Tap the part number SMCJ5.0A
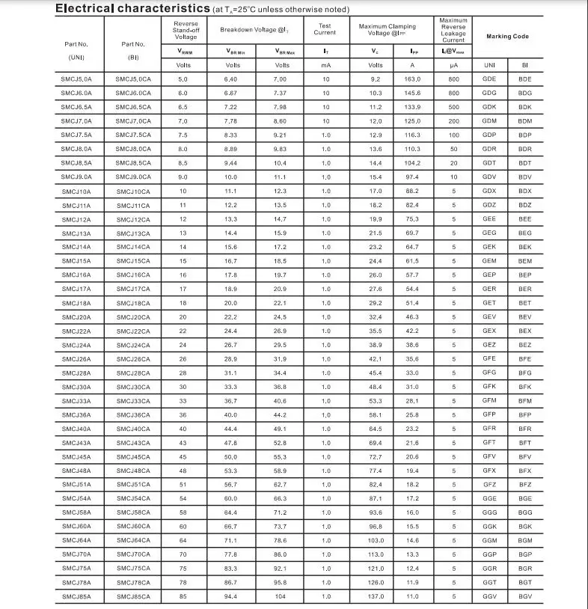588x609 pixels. [76, 79]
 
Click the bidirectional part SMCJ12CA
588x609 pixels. [133, 219]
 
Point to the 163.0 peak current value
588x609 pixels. [413, 79]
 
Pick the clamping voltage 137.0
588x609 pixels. [376, 596]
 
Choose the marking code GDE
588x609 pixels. [489, 79]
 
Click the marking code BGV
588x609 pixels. [525, 596]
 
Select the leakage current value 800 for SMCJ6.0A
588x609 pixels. [453, 93]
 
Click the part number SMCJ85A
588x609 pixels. [76, 596]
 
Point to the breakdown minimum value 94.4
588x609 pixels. [230, 596]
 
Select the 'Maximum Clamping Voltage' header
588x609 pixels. [388, 29]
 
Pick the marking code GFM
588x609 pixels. [489, 400]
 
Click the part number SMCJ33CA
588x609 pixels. [133, 400]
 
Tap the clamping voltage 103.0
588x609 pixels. [376, 540]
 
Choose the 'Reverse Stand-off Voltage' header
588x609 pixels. [186, 30]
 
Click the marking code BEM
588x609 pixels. [525, 260]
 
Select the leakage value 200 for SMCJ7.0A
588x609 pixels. [453, 120]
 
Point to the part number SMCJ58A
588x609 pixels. [76, 512]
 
